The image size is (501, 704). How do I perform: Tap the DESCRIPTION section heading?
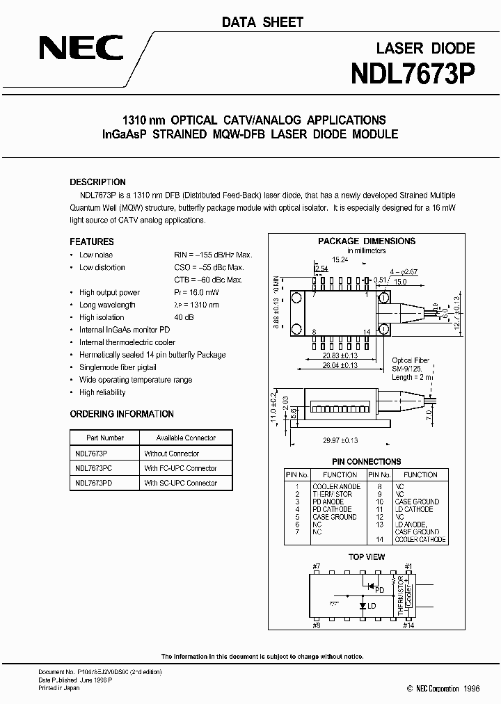click(98, 182)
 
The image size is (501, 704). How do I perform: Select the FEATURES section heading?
click(92, 241)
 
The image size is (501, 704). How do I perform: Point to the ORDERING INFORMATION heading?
click(122, 414)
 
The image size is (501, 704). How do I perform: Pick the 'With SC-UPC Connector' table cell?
click(180, 483)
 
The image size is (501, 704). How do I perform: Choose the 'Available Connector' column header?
click(186, 438)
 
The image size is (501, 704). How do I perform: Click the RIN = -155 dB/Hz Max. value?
click(213, 255)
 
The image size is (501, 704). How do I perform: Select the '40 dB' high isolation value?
click(184, 317)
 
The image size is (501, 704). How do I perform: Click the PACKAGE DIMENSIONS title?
click(367, 241)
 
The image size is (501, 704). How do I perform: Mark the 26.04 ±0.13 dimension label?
click(341, 364)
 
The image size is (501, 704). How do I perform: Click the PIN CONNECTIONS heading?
click(366, 461)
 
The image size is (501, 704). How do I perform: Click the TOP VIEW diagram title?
click(366, 557)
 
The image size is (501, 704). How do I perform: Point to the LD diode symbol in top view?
click(363, 605)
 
